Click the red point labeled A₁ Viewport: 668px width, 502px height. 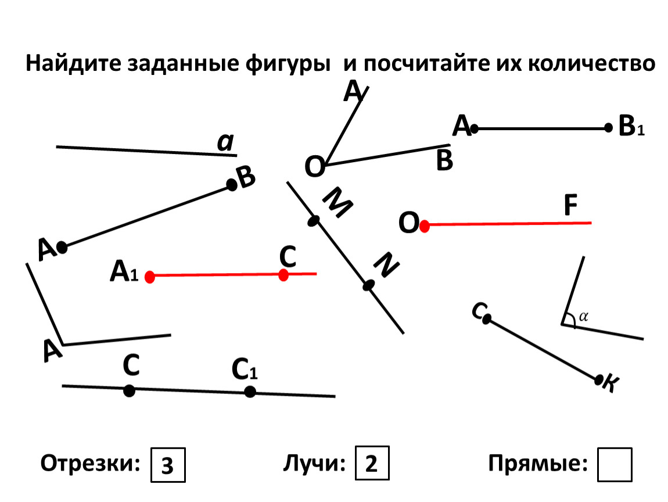coord(149,277)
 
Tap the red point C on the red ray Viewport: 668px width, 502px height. coord(283,275)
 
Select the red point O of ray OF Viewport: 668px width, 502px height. coord(424,226)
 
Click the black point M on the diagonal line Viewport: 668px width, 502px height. coord(314,221)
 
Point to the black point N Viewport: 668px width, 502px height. coord(368,285)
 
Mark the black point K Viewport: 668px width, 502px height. coord(599,379)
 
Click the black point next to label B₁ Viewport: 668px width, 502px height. coord(608,127)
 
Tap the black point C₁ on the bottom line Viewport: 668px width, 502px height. coord(250,392)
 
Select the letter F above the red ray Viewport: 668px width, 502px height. coord(570,205)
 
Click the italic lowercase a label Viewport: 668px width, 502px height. coord(226,142)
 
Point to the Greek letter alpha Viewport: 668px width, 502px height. coord(584,317)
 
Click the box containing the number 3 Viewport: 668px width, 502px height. coord(168,465)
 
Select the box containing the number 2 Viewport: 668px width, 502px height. coord(372,463)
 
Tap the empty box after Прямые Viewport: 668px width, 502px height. coord(615,464)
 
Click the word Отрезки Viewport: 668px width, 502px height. coord(90,463)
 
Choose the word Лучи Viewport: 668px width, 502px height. coord(314,463)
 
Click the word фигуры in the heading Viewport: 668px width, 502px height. coord(288,64)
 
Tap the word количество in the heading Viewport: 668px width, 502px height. coord(592,63)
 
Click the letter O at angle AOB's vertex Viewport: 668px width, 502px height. coord(315,167)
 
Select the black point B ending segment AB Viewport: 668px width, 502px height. coord(232,185)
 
